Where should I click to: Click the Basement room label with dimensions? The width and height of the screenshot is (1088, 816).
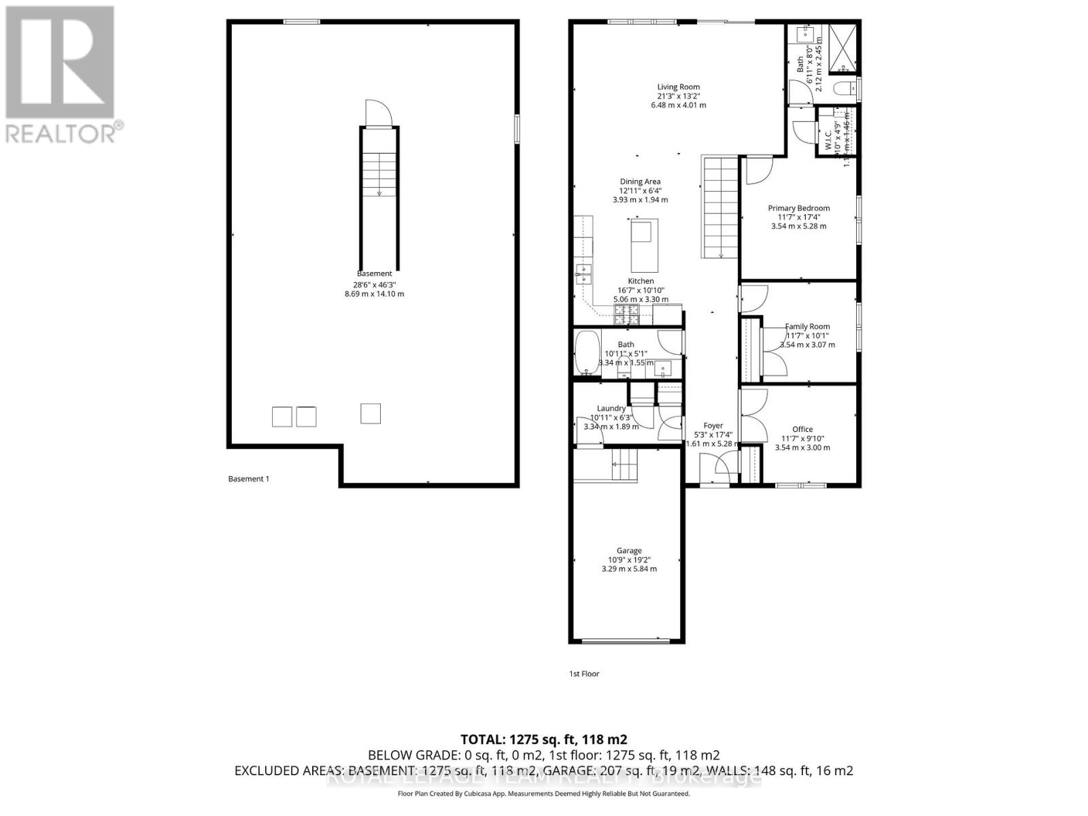(374, 284)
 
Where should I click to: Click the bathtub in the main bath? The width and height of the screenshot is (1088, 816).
(585, 352)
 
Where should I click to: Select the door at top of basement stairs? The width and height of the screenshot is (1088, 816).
(378, 114)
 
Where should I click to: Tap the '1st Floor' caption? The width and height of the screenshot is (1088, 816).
(584, 674)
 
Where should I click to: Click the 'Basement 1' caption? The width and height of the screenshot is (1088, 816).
(248, 479)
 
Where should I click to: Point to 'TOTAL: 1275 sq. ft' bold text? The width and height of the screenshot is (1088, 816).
(543, 739)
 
